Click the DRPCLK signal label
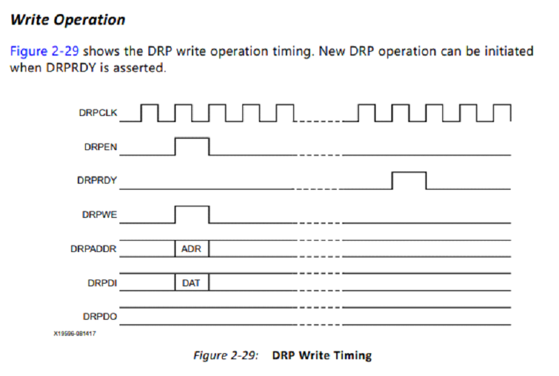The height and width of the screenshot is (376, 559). tap(98, 113)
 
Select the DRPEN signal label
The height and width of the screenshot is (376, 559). tap(101, 147)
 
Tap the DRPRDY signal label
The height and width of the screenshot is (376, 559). tap(97, 180)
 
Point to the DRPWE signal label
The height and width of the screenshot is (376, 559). tap(99, 214)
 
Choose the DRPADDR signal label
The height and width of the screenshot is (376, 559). tap(93, 249)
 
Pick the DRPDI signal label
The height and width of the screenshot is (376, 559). tap(102, 283)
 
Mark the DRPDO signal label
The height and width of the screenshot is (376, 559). tap(100, 316)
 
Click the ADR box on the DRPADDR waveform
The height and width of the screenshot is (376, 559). tap(192, 249)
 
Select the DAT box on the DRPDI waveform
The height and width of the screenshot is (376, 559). tap(192, 283)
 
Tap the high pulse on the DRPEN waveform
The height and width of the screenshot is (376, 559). tap(192, 138)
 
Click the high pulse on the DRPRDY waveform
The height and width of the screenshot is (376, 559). tap(409, 172)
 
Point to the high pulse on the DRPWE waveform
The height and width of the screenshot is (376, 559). tap(192, 206)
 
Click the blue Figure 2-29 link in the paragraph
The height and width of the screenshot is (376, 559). tap(44, 51)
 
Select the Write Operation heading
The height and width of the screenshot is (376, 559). tap(68, 19)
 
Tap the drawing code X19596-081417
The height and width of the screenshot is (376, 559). tap(75, 334)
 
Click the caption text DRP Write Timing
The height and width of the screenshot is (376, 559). tap(322, 355)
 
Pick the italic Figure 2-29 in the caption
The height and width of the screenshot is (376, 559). tap(226, 355)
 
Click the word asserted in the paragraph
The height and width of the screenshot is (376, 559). tap(140, 68)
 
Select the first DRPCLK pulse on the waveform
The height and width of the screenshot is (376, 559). tap(150, 105)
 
